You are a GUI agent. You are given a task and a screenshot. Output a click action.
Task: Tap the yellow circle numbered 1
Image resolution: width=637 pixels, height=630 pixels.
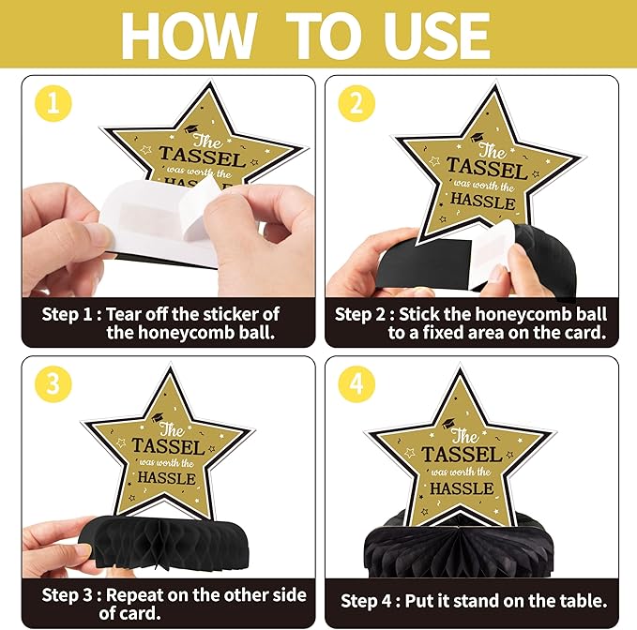pos(53,103)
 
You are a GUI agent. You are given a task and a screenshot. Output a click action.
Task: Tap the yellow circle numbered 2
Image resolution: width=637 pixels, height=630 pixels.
pos(356,103)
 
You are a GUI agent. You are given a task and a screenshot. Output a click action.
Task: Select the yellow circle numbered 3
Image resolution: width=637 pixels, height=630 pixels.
pos(53,383)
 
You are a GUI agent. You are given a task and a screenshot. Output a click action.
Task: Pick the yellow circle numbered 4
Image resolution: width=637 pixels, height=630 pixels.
pos(356,383)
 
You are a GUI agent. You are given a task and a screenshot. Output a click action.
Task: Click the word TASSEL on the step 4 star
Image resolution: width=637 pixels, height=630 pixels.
pos(462,455)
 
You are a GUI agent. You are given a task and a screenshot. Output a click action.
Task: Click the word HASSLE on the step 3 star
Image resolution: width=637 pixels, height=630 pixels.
pos(167,478)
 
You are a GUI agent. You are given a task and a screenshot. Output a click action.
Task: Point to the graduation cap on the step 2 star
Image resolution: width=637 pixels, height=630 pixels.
pos(478,137)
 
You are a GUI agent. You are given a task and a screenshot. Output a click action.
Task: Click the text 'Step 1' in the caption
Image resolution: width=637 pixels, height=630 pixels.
pos(67,314)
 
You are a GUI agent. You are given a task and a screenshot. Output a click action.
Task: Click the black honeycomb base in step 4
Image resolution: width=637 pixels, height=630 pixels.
pos(459,550)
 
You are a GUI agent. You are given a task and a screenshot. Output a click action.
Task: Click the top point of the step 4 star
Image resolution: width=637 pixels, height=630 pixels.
pos(460,367)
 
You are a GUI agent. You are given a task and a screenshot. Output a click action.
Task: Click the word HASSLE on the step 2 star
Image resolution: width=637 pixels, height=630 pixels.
pos(482,202)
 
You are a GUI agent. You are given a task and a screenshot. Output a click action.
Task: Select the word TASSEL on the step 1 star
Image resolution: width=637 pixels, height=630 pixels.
pos(202,157)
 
